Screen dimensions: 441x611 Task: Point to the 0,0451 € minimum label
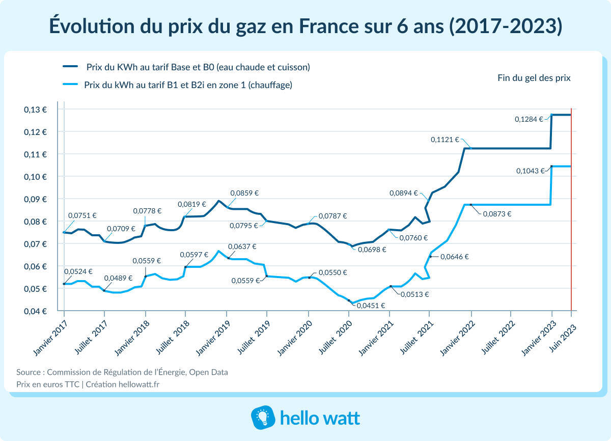click(x=371, y=306)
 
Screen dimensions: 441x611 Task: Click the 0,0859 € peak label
click(x=244, y=193)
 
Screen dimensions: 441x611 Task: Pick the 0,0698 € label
click(x=372, y=250)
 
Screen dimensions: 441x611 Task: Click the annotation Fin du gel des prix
click(x=534, y=78)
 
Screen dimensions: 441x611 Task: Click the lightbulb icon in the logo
click(x=263, y=418)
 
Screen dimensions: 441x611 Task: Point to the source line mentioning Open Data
click(x=122, y=372)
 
